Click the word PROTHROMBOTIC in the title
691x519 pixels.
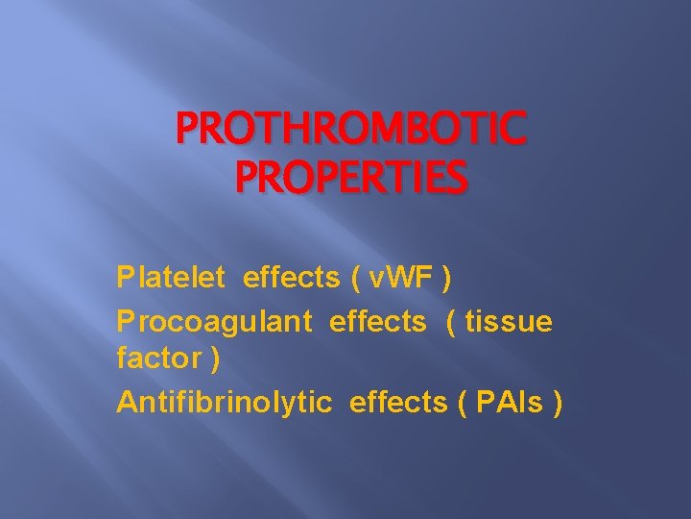tap(351, 131)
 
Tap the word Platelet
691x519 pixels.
tap(171, 278)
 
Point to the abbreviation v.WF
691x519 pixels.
tap(397, 278)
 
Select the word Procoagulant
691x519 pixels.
tap(214, 322)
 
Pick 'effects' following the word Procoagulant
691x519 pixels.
tap(377, 322)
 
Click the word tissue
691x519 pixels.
tap(509, 322)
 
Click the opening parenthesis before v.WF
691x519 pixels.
tap(358, 279)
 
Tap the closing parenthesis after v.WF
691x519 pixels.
tap(446, 279)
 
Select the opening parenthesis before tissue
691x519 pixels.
tap(451, 323)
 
